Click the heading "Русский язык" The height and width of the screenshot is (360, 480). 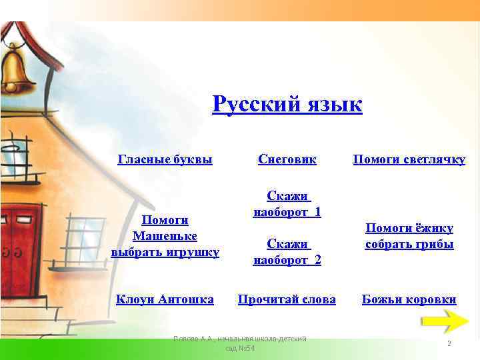[287, 104]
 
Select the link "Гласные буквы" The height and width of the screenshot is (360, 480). [165, 159]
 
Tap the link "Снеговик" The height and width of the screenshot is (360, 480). [287, 159]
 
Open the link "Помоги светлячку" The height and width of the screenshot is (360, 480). [409, 159]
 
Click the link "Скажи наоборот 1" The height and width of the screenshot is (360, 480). [287, 204]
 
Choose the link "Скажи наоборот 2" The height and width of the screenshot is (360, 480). [287, 252]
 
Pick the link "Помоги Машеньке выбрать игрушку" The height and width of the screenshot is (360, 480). [165, 236]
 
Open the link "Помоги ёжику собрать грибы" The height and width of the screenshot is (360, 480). [409, 236]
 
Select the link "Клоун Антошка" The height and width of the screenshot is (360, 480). [165, 299]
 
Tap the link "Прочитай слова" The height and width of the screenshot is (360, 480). [287, 299]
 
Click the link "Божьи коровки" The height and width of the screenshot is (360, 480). [409, 299]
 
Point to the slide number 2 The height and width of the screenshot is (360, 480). [449, 343]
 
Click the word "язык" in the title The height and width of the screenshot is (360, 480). [335, 104]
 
